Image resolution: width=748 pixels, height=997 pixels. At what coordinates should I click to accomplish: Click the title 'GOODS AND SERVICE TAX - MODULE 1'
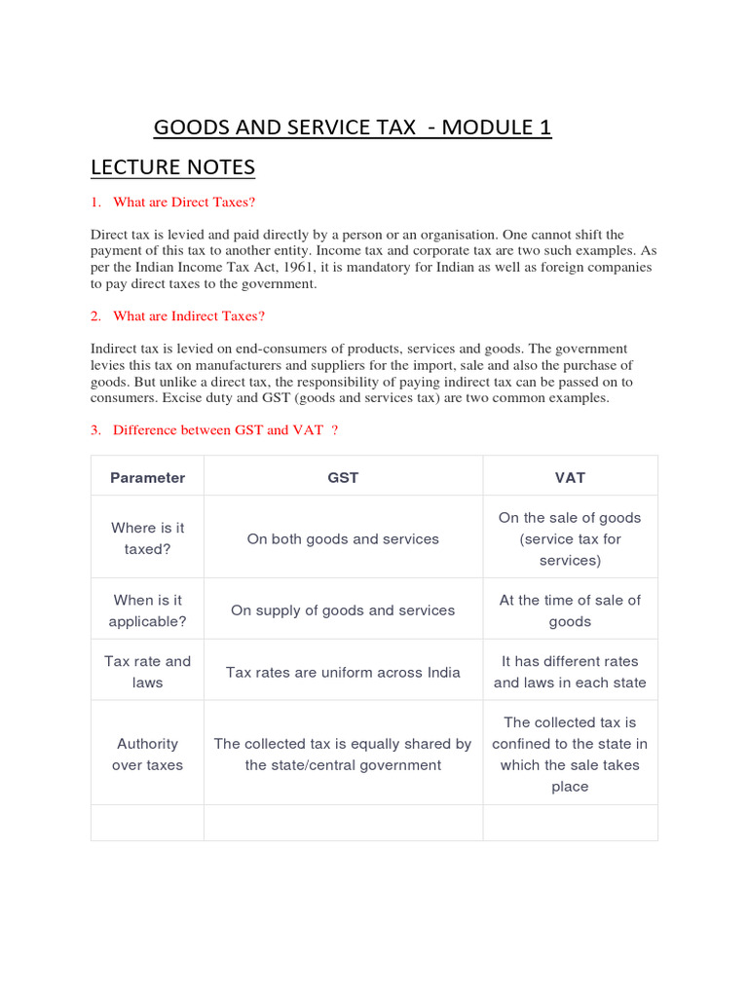pyautogui.click(x=353, y=128)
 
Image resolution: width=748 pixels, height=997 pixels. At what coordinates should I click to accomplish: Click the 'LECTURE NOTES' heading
pyautogui.click(x=172, y=167)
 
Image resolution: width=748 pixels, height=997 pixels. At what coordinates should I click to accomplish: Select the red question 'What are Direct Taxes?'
pyautogui.click(x=184, y=202)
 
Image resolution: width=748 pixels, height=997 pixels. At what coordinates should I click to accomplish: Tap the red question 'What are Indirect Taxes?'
pyautogui.click(x=189, y=315)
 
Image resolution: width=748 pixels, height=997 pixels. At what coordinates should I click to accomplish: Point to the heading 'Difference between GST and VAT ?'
pyautogui.click(x=225, y=429)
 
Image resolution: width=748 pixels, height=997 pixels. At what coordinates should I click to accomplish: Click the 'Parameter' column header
pyautogui.click(x=147, y=477)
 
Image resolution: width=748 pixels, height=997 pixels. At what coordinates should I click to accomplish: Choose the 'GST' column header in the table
pyautogui.click(x=343, y=477)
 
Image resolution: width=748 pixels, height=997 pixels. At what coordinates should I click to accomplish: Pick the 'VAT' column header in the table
pyautogui.click(x=570, y=477)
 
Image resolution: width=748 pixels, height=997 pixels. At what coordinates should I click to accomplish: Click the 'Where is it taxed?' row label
pyautogui.click(x=147, y=538)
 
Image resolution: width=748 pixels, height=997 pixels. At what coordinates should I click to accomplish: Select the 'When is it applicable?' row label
pyautogui.click(x=147, y=610)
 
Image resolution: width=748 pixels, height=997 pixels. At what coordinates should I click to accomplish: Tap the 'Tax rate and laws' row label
pyautogui.click(x=147, y=672)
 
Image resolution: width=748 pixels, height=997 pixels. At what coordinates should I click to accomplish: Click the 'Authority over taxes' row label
pyautogui.click(x=147, y=755)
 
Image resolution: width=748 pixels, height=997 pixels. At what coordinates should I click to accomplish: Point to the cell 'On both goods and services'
pyautogui.click(x=343, y=538)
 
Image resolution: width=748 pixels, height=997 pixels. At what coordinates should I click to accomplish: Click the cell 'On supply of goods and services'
pyautogui.click(x=343, y=610)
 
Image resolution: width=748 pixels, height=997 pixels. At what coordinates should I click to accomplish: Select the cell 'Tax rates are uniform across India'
pyautogui.click(x=343, y=672)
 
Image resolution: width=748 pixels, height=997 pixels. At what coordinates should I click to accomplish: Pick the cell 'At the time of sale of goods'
pyautogui.click(x=570, y=610)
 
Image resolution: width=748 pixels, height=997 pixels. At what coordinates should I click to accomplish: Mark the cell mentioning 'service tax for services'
pyautogui.click(x=570, y=549)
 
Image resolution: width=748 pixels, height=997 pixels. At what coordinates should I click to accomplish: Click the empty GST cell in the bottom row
pyautogui.click(x=343, y=823)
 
